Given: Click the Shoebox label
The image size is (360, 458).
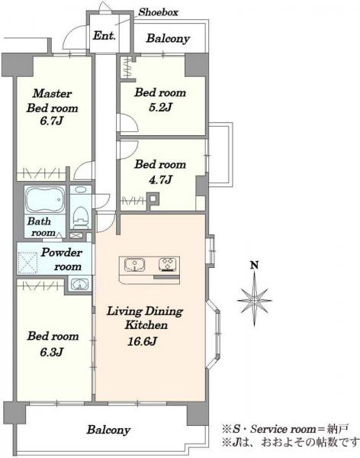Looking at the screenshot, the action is [158, 12].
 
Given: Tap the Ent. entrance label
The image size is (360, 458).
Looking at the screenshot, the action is [104, 36].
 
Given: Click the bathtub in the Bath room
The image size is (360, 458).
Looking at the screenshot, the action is [45, 200].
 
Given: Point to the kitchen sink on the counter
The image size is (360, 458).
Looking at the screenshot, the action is [134, 265].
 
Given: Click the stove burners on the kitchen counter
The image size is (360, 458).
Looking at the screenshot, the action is [168, 265].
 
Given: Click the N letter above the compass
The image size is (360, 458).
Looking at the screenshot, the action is [255, 265].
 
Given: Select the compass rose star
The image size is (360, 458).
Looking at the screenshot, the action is [254, 299].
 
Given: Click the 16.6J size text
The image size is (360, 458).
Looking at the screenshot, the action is [142, 341].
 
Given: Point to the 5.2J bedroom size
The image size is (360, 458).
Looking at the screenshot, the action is [160, 108].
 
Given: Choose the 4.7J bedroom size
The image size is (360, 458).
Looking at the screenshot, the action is [160, 179].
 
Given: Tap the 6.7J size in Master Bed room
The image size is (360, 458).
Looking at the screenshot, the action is [52, 121].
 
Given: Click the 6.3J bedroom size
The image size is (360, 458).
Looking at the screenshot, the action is [52, 351].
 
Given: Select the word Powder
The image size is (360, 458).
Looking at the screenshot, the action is [61, 252].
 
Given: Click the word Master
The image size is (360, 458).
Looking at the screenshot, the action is [52, 93].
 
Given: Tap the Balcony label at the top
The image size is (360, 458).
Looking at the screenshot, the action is [168, 38].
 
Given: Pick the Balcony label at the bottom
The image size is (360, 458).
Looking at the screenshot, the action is [108, 430].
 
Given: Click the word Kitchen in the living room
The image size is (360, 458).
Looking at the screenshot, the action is [146, 325].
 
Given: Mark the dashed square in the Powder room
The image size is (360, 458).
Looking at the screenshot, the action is [28, 263].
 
